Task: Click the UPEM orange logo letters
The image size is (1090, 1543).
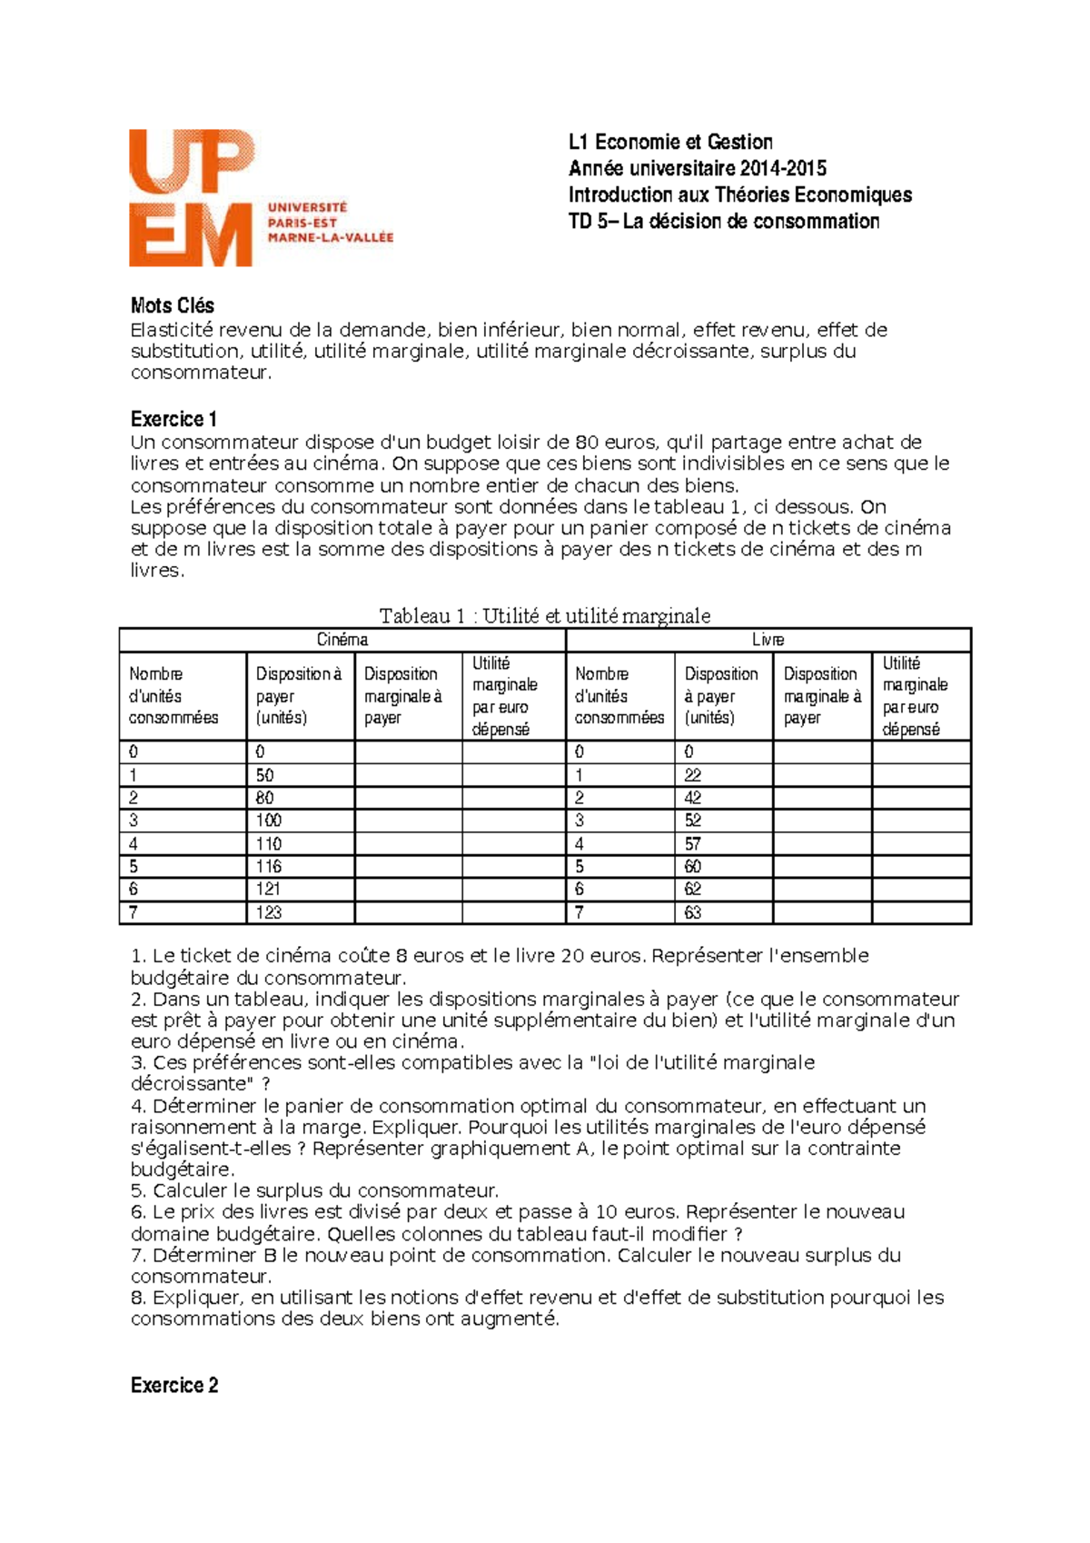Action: tap(192, 196)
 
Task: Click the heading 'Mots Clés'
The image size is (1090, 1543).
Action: tap(173, 305)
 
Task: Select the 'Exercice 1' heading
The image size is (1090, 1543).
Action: tap(173, 419)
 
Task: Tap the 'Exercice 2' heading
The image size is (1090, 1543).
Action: tap(174, 1385)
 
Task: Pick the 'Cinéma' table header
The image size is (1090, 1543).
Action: tap(342, 640)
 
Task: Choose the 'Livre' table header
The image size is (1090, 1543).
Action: tap(768, 640)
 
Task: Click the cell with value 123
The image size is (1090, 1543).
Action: tap(269, 912)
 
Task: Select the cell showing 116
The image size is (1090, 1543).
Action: tap(269, 866)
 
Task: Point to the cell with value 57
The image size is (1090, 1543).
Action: tap(693, 843)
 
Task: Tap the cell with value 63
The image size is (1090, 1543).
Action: tap(693, 912)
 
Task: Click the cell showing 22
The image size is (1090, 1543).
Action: tap(693, 775)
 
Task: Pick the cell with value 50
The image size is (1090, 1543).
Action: tap(264, 775)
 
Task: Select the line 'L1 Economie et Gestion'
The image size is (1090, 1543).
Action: tap(670, 142)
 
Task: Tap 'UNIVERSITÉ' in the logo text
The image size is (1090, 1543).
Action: tap(307, 207)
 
